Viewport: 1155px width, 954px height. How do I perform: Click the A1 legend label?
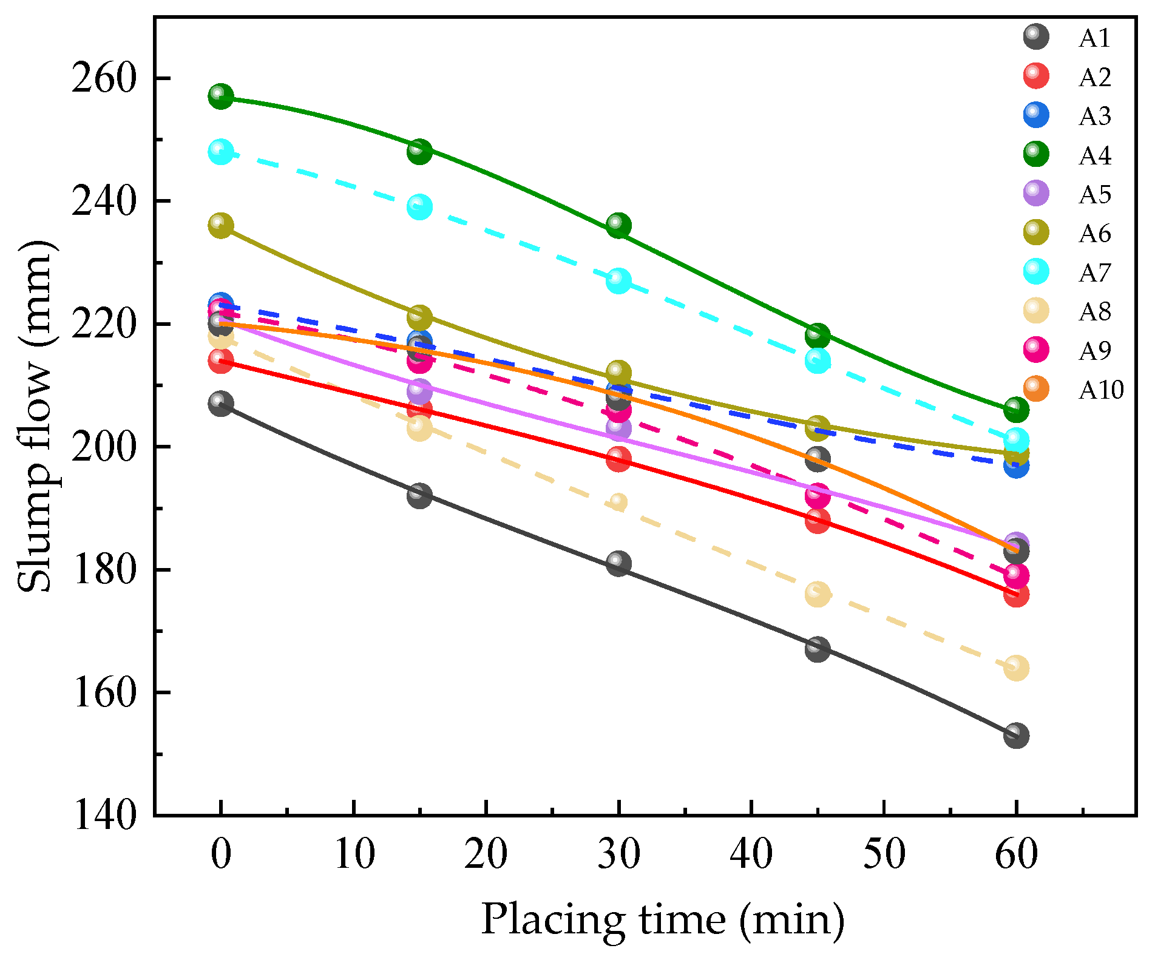(x=1094, y=38)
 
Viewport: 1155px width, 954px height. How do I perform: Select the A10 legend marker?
(x=1036, y=388)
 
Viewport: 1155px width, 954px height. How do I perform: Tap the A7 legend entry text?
(x=1094, y=272)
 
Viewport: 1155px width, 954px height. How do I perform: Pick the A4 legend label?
(x=1094, y=155)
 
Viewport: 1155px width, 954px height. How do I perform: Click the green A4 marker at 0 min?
(x=220, y=96)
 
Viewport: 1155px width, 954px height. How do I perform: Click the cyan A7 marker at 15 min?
(x=419, y=207)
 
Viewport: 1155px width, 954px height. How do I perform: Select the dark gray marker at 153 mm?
(x=1016, y=736)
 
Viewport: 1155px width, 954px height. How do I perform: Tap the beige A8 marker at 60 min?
(x=1016, y=668)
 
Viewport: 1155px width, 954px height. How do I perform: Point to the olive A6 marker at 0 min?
(x=220, y=226)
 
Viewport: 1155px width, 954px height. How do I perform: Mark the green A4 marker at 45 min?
(x=818, y=335)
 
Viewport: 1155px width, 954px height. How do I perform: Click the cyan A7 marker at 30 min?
(x=618, y=280)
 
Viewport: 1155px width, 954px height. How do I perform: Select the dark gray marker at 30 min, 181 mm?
(x=618, y=564)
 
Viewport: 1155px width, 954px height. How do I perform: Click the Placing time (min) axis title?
(x=662, y=919)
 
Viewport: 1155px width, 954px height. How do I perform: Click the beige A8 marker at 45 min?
(x=818, y=594)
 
